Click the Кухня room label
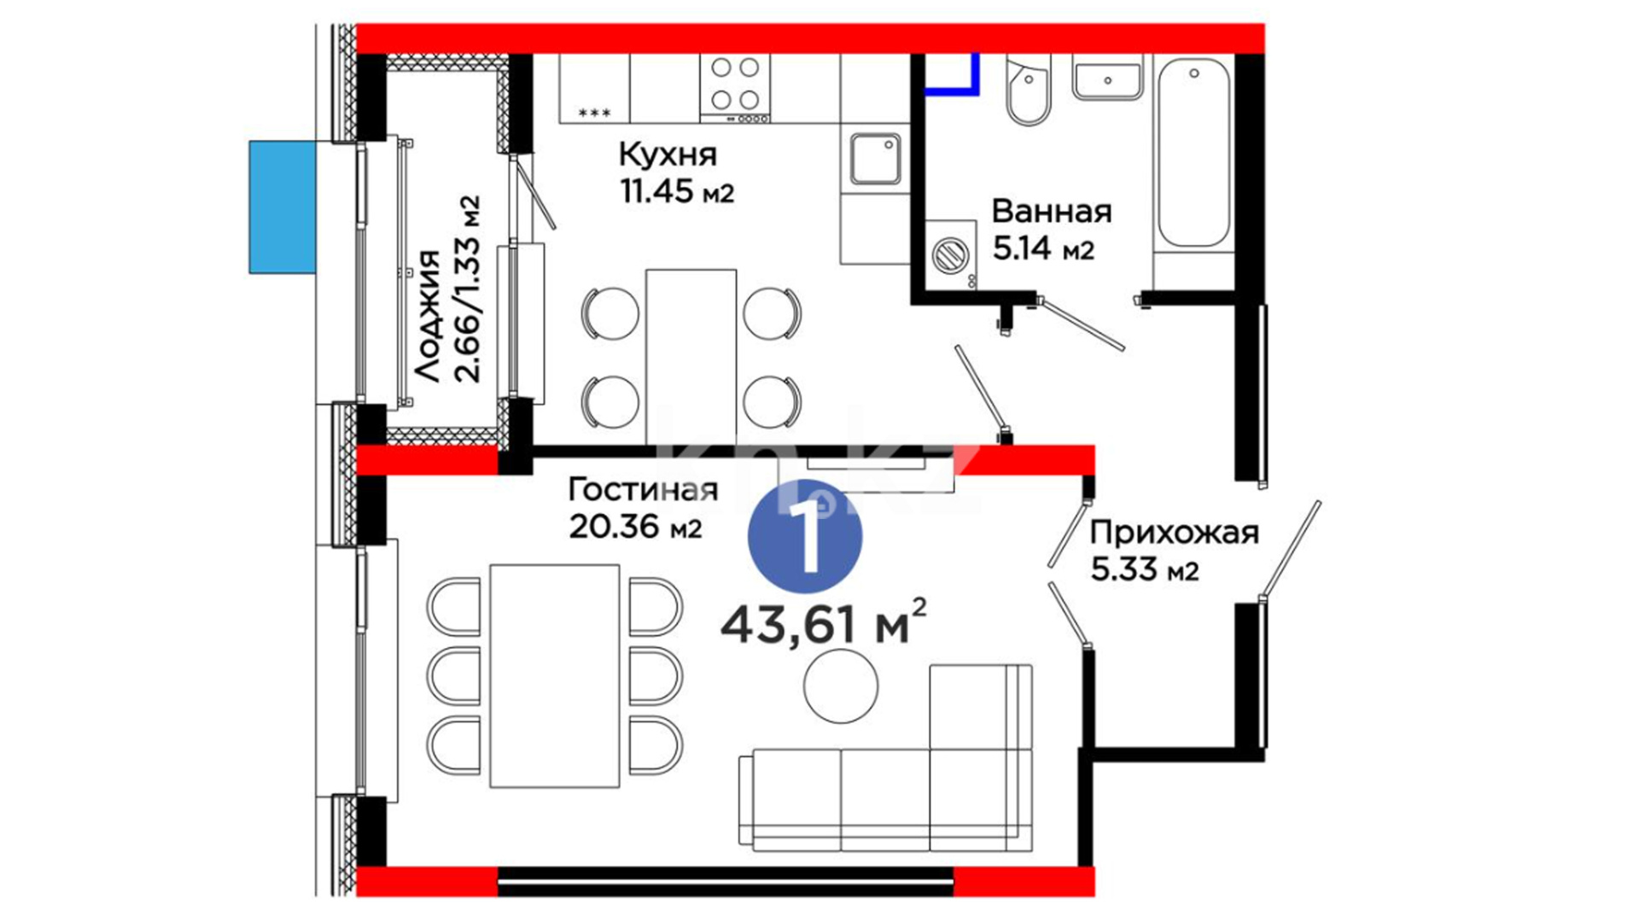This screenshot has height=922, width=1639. pos(668,155)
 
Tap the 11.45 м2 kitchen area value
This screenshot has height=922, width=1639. pos(677,191)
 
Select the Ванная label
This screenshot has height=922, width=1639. pos(1052,212)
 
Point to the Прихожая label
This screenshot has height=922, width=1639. pos(1174,534)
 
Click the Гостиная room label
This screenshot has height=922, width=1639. pos(643,489)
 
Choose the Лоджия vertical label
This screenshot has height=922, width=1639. pos(428,316)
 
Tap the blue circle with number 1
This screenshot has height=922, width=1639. pos(805,536)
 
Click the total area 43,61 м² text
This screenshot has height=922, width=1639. pos(823,622)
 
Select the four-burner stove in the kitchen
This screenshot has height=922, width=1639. pos(735,88)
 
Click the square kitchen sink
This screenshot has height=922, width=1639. pos(875,159)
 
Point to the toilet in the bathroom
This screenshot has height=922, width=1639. pos(1029,89)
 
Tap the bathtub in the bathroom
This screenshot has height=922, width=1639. pos(1193,154)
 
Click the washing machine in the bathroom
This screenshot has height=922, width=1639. pos(951,254)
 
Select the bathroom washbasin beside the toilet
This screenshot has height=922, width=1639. pos(1107,79)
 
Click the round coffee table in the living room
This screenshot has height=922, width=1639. pos(841,686)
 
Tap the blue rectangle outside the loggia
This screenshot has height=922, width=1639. pos(283,207)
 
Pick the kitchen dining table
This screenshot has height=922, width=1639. pos(691,358)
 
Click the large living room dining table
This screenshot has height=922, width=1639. pos(555,675)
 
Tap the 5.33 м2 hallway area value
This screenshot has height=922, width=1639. pos(1145,569)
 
